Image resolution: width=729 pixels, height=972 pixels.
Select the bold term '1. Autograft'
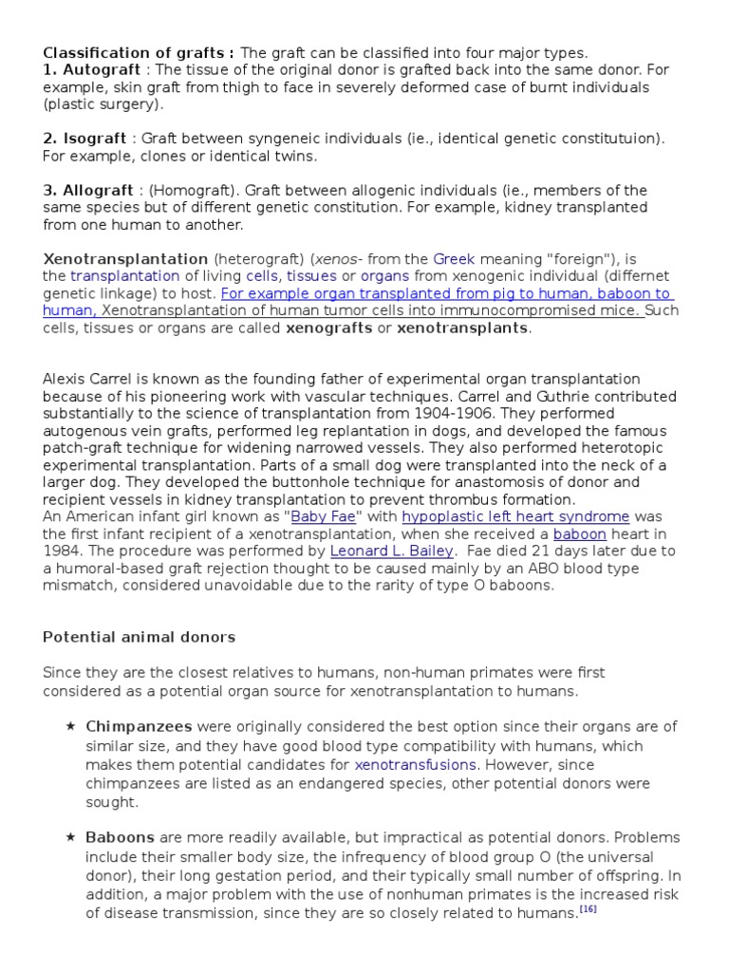(91, 69)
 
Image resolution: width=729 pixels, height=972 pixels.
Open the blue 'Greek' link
(452, 259)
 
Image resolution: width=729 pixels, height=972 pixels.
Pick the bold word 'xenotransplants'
(462, 328)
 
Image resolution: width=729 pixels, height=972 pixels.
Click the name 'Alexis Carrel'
(91, 380)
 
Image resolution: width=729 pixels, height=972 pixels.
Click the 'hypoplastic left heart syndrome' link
(515, 517)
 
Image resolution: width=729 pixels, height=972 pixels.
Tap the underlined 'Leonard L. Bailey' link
(392, 551)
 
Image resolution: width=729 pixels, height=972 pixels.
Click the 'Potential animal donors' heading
(139, 637)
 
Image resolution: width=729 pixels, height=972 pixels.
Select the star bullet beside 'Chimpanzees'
(70, 727)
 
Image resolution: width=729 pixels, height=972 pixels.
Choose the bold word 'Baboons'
(121, 838)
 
